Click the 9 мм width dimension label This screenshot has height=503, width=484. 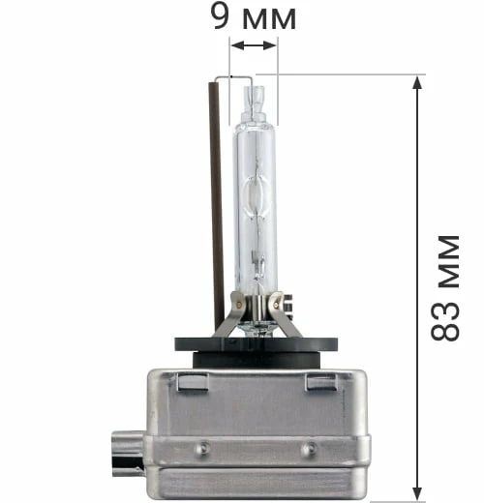[254, 17]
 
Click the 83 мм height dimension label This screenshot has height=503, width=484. [445, 288]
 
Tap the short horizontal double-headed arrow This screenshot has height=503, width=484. [254, 45]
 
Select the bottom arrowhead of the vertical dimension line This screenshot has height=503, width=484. [417, 493]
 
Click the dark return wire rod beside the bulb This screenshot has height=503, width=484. [217, 203]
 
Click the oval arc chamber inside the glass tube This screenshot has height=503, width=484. [257, 197]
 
